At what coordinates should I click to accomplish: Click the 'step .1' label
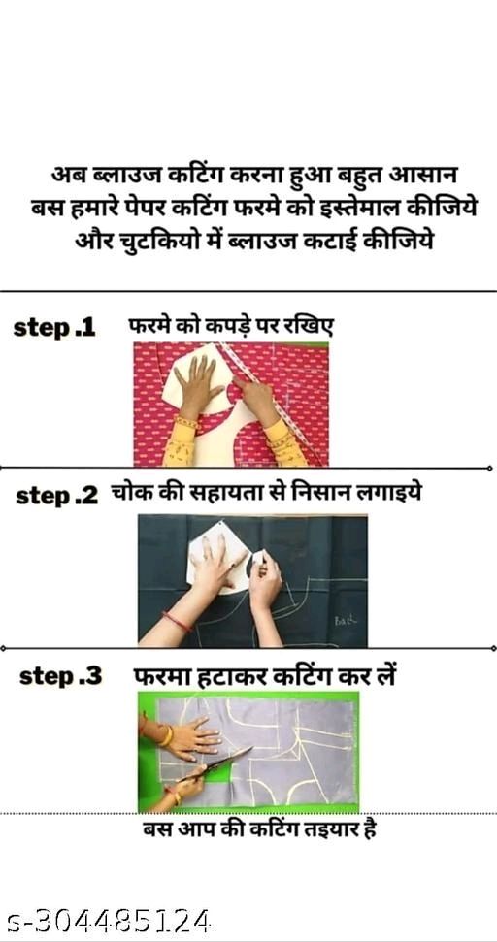54,328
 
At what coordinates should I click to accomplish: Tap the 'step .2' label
56,497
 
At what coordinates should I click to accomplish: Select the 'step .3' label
61,677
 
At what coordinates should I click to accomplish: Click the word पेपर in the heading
141,210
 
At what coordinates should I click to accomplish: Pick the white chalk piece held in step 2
259,556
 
